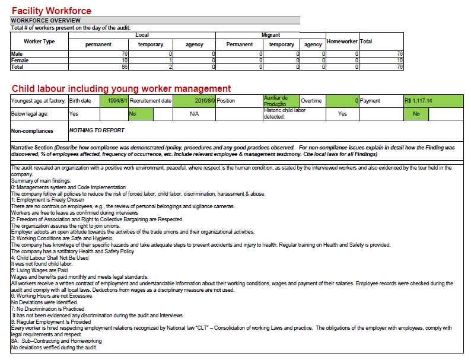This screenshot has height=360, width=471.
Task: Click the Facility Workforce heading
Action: (52, 11)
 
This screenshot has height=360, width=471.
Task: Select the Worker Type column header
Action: (39, 42)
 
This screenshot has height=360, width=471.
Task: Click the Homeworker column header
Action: (342, 42)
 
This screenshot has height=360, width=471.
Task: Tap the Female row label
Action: (20, 60)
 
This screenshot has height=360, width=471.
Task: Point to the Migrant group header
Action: (271, 35)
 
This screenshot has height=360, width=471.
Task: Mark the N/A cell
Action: (194, 114)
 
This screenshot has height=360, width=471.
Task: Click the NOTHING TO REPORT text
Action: (97, 130)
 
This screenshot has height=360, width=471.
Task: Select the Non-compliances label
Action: (32, 130)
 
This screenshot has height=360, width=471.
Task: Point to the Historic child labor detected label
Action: (285, 113)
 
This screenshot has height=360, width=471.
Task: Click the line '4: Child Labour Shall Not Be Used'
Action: (50, 258)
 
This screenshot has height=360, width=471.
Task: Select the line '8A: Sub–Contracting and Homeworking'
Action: (56, 341)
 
